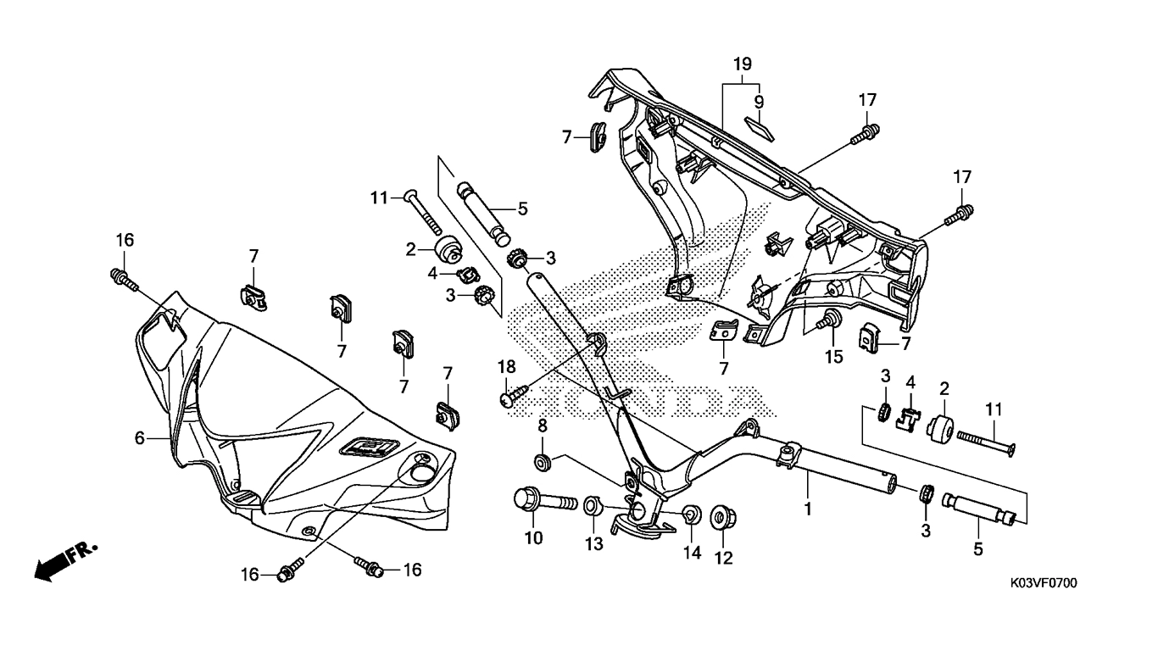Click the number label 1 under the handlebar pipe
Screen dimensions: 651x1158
pyautogui.click(x=808, y=509)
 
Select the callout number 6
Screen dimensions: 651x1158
pyautogui.click(x=140, y=437)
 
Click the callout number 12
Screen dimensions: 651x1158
pyautogui.click(x=723, y=558)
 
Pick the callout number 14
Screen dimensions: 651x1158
pyautogui.click(x=692, y=553)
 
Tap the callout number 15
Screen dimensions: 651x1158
pyautogui.click(x=834, y=357)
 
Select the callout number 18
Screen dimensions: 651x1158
pyautogui.click(x=506, y=366)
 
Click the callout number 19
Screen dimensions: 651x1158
pyautogui.click(x=743, y=64)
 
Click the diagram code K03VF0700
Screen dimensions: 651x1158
pyautogui.click(x=1043, y=583)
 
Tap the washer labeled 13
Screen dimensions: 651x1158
pyautogui.click(x=591, y=508)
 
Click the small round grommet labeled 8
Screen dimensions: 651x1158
pyautogui.click(x=541, y=462)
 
